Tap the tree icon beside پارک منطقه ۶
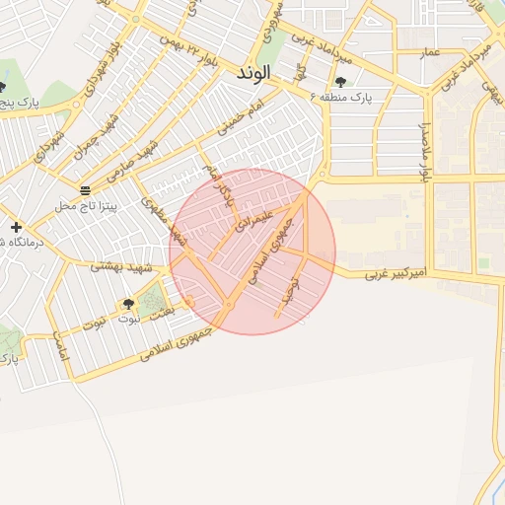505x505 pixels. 341,82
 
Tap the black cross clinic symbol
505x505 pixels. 16,227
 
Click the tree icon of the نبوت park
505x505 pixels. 128,303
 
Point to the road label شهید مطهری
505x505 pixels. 164,220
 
